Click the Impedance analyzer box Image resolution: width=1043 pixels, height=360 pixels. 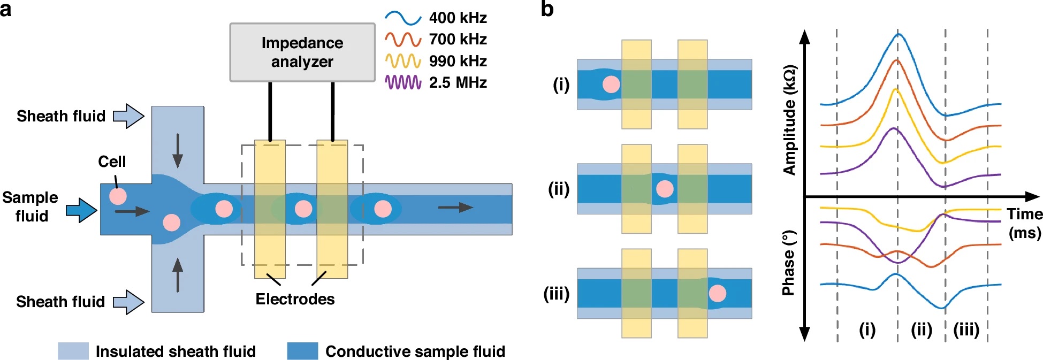302,52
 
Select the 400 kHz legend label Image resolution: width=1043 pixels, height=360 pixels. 458,18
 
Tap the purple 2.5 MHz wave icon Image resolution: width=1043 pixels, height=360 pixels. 403,82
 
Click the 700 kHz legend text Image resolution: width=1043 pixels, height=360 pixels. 458,40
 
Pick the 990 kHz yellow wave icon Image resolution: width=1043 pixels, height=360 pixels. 403,61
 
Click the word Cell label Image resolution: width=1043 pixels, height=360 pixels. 112,162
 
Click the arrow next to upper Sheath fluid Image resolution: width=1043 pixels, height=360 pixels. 128,116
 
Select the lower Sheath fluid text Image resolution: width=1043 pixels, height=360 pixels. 60,302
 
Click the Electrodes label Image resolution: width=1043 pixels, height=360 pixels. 295,299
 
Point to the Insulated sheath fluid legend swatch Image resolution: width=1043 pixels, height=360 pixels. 73,351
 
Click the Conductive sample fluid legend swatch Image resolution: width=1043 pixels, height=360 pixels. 302,351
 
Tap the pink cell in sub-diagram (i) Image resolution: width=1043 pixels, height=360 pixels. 611,84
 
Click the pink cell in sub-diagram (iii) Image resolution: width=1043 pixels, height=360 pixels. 717,293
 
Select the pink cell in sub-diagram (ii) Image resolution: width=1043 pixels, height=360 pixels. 665,189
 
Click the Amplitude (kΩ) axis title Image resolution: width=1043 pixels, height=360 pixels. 790,120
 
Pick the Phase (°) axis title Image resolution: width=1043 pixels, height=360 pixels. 788,263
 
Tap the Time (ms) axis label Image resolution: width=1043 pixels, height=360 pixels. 1024,224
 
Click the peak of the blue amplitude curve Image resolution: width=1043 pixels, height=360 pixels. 899,34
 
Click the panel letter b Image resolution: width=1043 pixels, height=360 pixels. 547,9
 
